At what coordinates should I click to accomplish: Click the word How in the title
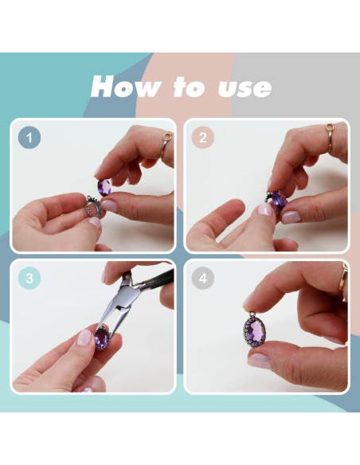(x=127, y=87)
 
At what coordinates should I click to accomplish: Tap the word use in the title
(x=245, y=88)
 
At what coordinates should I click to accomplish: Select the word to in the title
(x=190, y=88)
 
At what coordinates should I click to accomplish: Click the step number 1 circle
(x=29, y=138)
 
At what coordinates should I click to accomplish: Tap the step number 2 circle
(x=203, y=138)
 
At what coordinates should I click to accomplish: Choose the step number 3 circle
(x=29, y=278)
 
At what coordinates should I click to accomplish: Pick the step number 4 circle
(x=203, y=278)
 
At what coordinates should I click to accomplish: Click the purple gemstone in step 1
(x=104, y=187)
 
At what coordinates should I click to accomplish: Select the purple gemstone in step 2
(x=279, y=199)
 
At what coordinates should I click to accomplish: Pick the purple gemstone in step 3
(x=101, y=338)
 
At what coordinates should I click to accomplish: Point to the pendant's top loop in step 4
(x=252, y=315)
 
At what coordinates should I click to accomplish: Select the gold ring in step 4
(x=343, y=276)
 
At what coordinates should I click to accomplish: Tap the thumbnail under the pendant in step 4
(x=259, y=361)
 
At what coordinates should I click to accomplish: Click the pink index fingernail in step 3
(x=84, y=337)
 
